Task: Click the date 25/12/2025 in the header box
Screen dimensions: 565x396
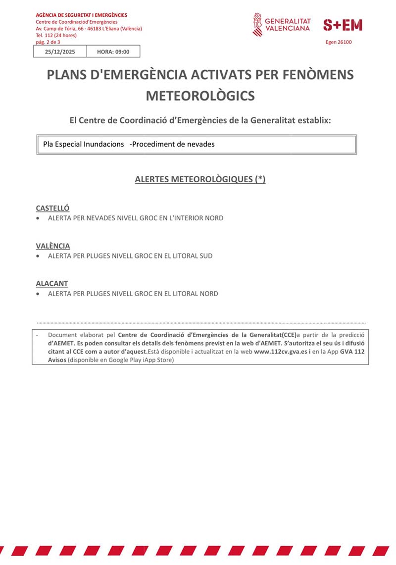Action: (x=59, y=51)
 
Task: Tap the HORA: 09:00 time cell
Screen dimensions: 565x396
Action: (x=113, y=51)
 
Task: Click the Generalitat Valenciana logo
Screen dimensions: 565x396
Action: (x=282, y=25)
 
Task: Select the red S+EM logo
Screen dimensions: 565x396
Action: (x=343, y=25)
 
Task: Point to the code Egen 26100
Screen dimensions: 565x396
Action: (x=339, y=43)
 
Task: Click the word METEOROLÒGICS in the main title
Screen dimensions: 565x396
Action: (x=200, y=96)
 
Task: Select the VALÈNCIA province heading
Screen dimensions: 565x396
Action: (x=53, y=246)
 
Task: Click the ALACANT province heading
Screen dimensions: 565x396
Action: (x=52, y=284)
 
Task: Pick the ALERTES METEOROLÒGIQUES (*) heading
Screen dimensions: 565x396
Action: (x=200, y=179)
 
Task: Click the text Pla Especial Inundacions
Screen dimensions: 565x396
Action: (x=84, y=144)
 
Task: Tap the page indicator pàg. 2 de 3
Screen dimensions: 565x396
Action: (x=49, y=42)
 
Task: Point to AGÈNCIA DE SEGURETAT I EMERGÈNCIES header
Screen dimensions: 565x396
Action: (x=82, y=15)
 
